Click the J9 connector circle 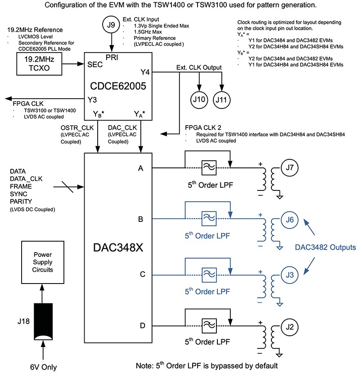(111, 26)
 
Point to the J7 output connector (290, 168)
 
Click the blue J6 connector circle (290, 220)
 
